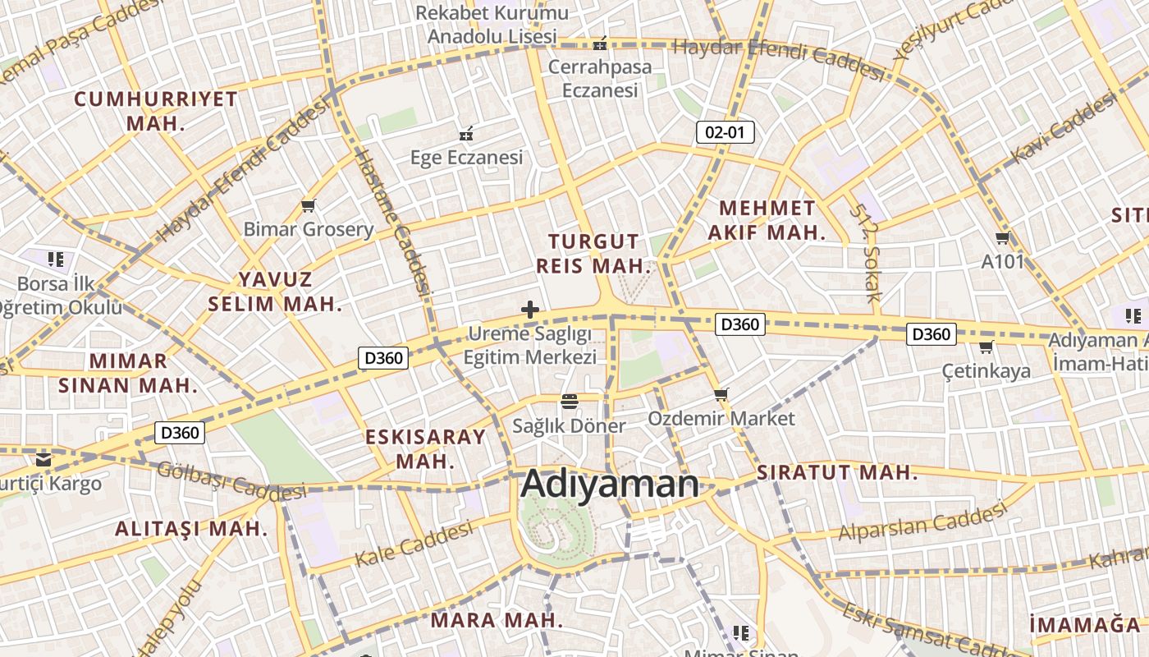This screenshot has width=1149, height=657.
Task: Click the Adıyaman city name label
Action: click(610, 484)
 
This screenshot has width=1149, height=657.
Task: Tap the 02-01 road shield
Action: click(725, 131)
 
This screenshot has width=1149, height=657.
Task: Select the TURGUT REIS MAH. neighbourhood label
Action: click(593, 254)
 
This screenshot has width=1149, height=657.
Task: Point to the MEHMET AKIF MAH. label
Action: click(767, 220)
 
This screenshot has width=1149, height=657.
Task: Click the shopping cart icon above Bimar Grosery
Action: click(309, 205)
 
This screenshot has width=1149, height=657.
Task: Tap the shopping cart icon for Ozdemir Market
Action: click(721, 395)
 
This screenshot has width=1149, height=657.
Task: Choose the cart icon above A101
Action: click(1002, 238)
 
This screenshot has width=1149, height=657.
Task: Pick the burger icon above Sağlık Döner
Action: click(569, 402)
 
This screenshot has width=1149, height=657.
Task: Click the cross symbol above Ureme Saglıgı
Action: click(530, 310)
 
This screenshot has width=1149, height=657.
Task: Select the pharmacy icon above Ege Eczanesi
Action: click(466, 132)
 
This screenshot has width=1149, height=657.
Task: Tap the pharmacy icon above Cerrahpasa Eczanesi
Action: click(600, 43)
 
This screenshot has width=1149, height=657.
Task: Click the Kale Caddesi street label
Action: click(414, 544)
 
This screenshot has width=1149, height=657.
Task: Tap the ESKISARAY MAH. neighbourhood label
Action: click(425, 448)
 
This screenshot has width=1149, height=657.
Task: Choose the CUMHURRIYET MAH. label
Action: click(156, 111)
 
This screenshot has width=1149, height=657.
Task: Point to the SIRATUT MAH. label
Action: click(837, 472)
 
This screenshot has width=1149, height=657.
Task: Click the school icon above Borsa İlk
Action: click(56, 260)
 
